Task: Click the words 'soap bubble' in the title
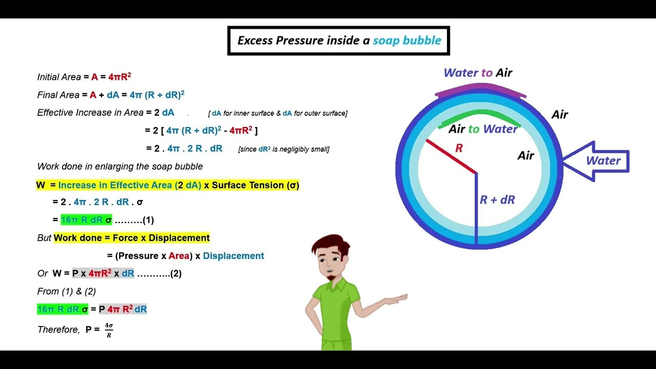406,40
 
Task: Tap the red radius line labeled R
450,156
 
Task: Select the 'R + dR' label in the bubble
497,200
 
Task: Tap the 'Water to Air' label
478,73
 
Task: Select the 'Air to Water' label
483,129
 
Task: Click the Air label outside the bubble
559,115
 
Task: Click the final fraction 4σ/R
109,330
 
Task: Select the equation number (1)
148,220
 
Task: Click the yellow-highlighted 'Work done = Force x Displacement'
132,238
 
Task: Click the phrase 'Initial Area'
59,77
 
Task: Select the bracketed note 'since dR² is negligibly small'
283,149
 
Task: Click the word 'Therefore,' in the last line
58,330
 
